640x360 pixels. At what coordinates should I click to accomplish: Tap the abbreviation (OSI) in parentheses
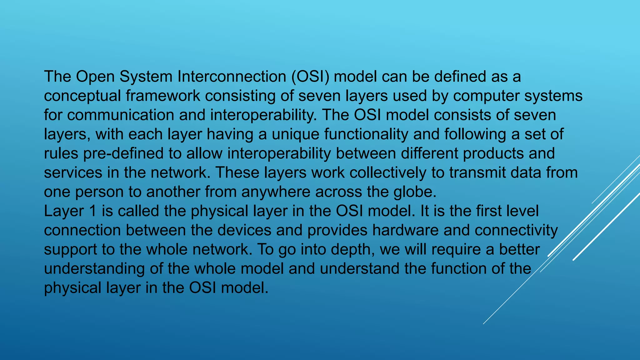click(x=310, y=77)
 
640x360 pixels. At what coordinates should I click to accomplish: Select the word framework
click(x=163, y=96)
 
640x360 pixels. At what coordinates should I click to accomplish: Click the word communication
click(x=120, y=115)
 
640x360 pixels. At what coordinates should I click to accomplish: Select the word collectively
click(x=387, y=173)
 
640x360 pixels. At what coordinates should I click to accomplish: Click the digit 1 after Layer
click(x=92, y=211)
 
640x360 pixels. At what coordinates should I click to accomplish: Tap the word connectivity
click(x=516, y=230)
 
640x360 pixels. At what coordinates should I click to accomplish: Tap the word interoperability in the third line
click(x=263, y=115)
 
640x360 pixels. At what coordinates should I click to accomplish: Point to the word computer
click(x=486, y=96)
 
